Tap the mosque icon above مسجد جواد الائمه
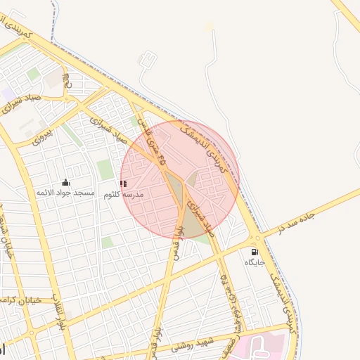(66, 182)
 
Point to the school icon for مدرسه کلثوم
(123, 184)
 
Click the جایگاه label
(255, 262)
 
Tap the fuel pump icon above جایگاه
(254, 252)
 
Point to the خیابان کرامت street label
(21, 300)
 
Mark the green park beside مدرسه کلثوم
(105, 169)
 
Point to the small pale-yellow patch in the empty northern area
(208, 27)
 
